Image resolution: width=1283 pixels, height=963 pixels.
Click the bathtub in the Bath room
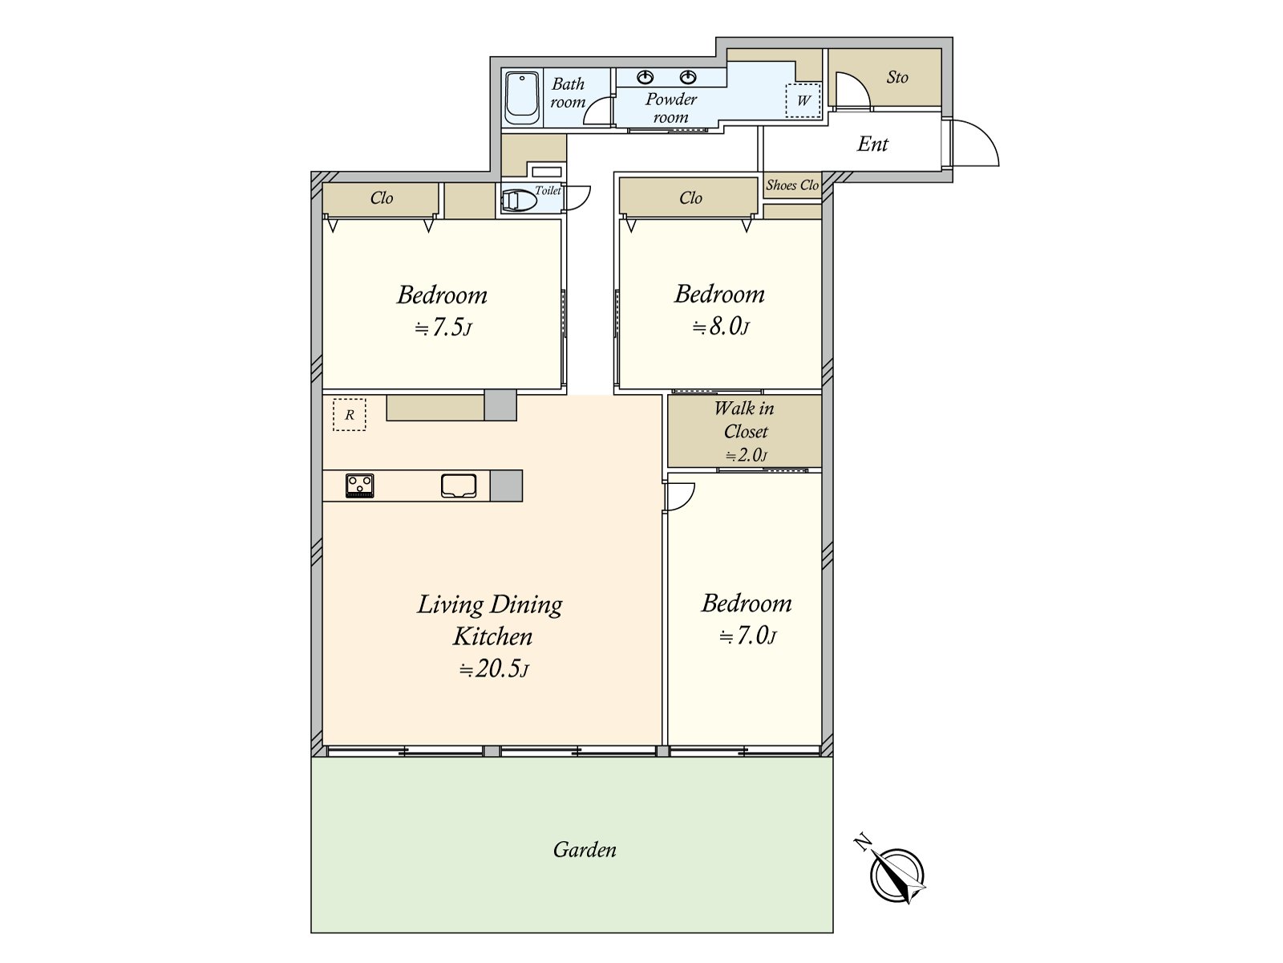pos(522,98)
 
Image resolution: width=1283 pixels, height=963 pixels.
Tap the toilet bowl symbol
pos(519,200)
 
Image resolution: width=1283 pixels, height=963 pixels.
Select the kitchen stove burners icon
pos(359,486)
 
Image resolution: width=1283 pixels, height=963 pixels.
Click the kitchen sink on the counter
pos(459,486)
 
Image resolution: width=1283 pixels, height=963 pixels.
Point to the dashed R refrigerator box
pos(349,415)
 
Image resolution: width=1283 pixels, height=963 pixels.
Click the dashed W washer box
pos(803,100)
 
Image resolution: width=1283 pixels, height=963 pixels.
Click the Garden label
pos(585,850)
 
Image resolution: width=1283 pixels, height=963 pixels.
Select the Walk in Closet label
pos(744,420)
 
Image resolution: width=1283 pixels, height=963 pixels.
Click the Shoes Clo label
pos(791,185)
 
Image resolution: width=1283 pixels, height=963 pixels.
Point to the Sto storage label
pos(897,78)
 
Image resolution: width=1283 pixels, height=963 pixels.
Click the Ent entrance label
pos(872,144)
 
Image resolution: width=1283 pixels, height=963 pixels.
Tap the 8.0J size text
pos(721,327)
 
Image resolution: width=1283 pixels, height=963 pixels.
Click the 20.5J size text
pos(494,668)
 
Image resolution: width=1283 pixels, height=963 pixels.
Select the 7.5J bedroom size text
pos(443,327)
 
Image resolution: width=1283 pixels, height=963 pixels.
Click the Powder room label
pos(671,108)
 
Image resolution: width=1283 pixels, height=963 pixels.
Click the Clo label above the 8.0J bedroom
pos(690,198)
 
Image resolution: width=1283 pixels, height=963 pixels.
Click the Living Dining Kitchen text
pos(490,620)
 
